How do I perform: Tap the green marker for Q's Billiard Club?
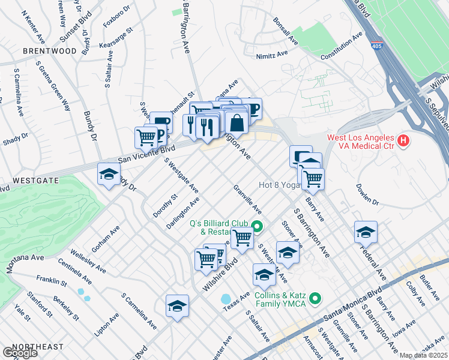258,226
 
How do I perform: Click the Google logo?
19,353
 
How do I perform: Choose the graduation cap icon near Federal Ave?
366,232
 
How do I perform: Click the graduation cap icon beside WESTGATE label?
109,175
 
